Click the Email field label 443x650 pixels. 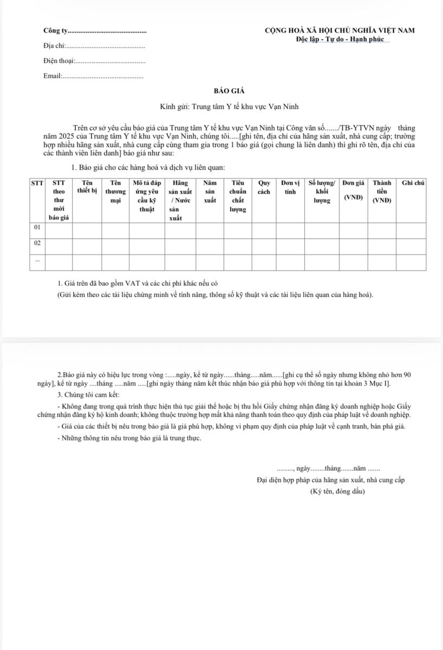click(x=53, y=76)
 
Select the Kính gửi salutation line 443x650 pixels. click(x=229, y=107)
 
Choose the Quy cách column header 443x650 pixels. click(x=264, y=187)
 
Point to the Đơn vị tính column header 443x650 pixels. click(x=290, y=187)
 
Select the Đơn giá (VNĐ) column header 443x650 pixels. click(x=353, y=191)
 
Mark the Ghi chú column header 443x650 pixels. click(x=412, y=183)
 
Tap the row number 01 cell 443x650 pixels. click(x=37, y=228)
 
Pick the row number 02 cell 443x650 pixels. click(x=37, y=243)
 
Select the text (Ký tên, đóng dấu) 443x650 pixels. click(x=337, y=491)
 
